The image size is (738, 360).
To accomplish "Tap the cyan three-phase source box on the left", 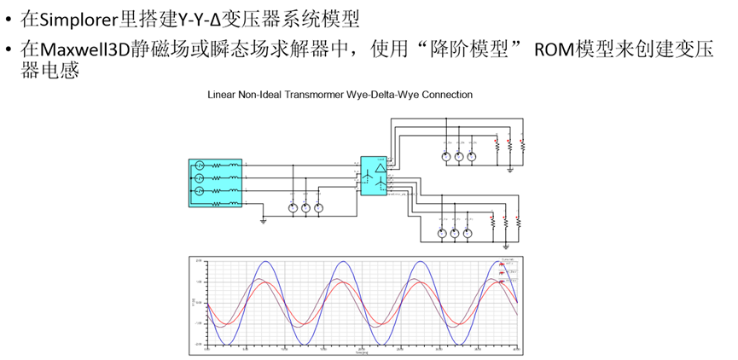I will click(x=215, y=183).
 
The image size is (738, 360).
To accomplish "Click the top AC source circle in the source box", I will click(x=199, y=164).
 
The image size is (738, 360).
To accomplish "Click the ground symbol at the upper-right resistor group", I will click(x=509, y=168).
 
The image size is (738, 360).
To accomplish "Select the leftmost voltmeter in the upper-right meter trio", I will click(x=445, y=156).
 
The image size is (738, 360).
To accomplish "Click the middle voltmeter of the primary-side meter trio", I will click(x=305, y=207).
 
